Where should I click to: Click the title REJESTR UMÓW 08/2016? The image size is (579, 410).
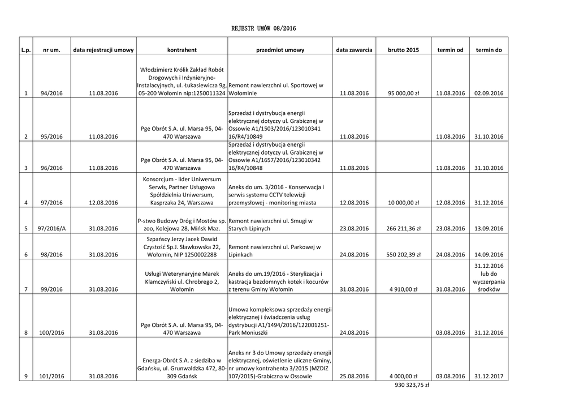pos(264,28)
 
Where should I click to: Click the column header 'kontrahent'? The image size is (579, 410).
pos(182,50)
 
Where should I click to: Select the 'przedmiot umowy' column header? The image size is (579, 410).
pos(280,50)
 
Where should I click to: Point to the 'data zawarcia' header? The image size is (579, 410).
pos(354,50)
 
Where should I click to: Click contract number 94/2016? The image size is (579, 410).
pos(51,93)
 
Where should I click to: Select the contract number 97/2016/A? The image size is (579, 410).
pos(51,228)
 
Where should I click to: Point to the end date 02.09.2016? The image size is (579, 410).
pos(489,93)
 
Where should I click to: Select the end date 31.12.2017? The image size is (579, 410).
pos(489,375)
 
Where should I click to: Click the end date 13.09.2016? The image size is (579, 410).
pos(489,228)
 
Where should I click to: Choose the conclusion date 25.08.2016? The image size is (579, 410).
pos(354,375)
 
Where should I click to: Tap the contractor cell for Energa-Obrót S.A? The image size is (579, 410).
pos(182,368)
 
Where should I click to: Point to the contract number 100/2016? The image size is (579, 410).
pos(51,332)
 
